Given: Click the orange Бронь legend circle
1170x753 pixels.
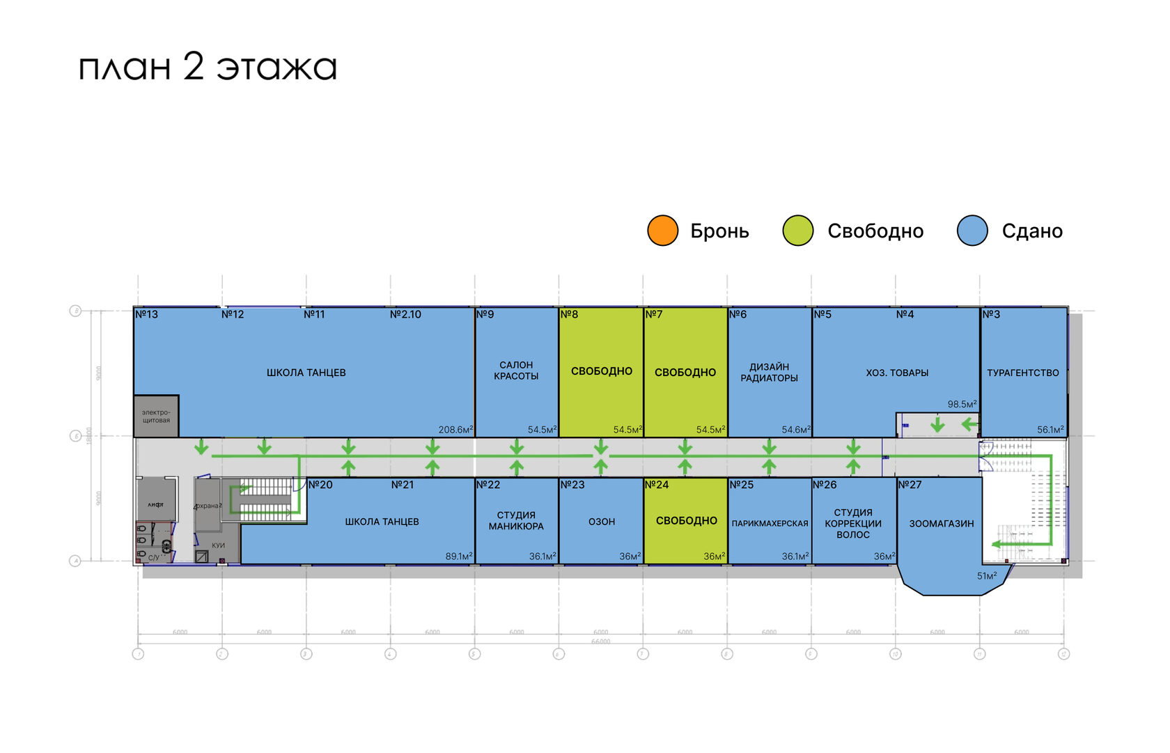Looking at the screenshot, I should [662, 231].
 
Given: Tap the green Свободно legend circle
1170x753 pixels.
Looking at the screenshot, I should [797, 231].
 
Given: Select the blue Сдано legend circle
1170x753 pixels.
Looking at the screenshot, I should [972, 231].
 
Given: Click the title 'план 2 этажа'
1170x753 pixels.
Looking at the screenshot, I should [208, 68].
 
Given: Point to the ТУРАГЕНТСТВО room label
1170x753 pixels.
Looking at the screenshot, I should [1022, 373].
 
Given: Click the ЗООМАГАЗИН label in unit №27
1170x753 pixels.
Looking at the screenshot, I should [941, 523].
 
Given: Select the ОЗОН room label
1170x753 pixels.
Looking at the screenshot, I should [602, 521].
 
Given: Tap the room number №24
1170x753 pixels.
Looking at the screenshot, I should [657, 484].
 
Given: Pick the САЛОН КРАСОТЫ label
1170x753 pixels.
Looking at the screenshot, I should [516, 371].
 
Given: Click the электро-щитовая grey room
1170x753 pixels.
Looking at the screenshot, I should [156, 417].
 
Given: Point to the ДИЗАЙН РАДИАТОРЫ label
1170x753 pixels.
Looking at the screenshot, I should [769, 373].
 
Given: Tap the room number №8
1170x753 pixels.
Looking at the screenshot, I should [570, 314].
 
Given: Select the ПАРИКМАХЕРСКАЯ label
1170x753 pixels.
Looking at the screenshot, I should [770, 523].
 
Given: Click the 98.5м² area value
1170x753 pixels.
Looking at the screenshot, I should [962, 404].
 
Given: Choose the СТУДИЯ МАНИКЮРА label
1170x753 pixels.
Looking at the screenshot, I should [516, 521].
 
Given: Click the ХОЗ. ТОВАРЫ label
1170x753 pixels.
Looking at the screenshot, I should [897, 373].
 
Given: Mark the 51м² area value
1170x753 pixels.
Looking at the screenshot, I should [986, 576].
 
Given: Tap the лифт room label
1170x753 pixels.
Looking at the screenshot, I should [155, 504].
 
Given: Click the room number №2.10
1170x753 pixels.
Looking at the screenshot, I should [405, 314].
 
